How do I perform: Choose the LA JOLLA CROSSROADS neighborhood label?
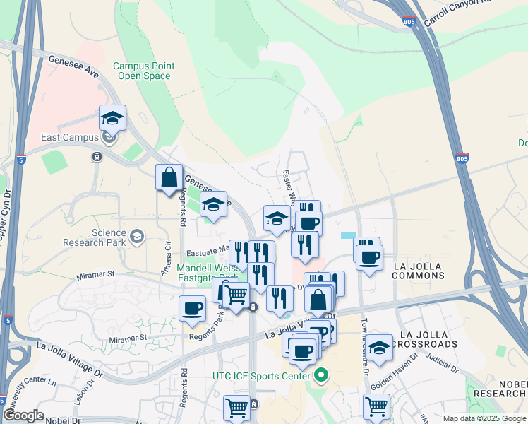click(x=428, y=339)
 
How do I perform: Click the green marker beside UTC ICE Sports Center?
click(x=322, y=375)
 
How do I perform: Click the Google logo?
click(x=23, y=416)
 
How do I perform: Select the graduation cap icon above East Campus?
click(x=112, y=117)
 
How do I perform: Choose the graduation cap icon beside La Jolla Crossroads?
click(x=379, y=347)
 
